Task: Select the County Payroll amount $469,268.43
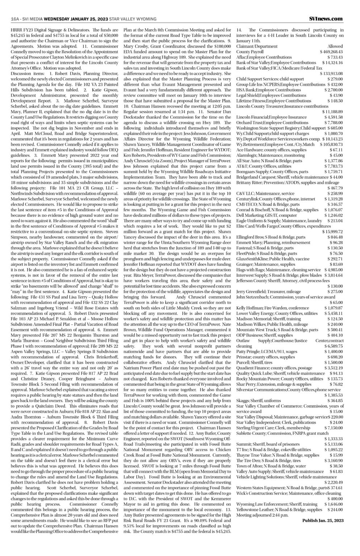(331, 52)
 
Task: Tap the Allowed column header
(335, 46)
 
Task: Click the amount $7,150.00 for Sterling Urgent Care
(334, 427)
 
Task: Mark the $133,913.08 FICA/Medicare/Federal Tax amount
(331, 73)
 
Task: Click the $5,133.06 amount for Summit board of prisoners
(333, 444)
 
